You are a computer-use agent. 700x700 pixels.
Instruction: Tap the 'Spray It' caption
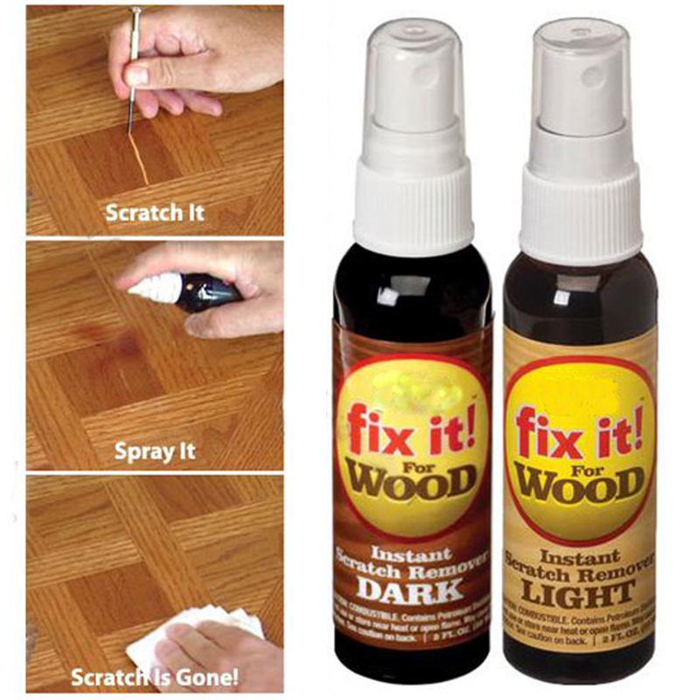pos(155,451)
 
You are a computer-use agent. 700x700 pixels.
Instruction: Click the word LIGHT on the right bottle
pos(579,592)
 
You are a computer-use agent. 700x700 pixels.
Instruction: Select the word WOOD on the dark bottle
pos(410,479)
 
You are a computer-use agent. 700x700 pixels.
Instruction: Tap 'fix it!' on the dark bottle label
pos(411,426)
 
